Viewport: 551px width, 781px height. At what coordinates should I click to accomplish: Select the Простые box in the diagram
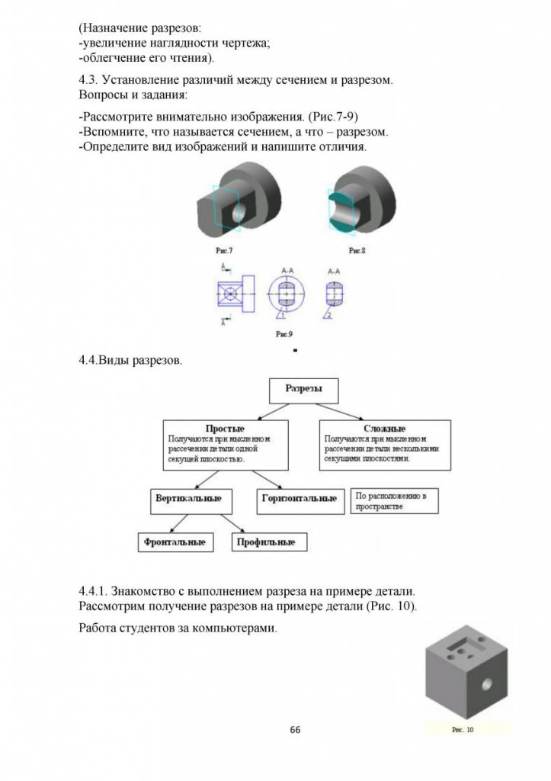coord(225,444)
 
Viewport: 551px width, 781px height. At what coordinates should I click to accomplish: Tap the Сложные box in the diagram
coord(385,444)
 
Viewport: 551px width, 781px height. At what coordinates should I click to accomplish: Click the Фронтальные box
coord(174,542)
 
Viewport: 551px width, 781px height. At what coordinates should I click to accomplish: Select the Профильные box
coord(260,542)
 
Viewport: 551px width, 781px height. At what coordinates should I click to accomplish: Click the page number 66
coord(295,730)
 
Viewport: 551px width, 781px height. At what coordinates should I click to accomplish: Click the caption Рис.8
coord(357,250)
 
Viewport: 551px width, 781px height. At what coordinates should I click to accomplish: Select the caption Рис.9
coord(284,334)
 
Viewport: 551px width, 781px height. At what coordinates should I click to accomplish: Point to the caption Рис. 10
coord(463,730)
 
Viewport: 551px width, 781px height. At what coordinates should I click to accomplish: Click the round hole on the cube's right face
coord(487,683)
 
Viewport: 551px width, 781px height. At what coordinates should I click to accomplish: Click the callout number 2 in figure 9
coord(328,314)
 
